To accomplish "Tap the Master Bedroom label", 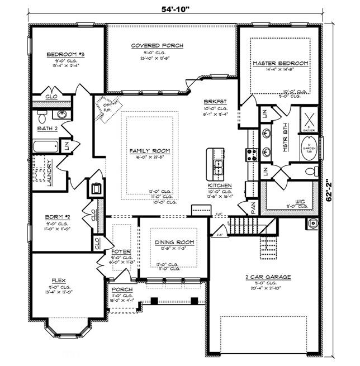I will (x=280, y=64).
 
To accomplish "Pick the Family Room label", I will (x=149, y=151).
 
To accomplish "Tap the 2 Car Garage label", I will (x=263, y=277).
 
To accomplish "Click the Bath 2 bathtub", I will (x=45, y=147).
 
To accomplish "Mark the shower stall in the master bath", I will (x=309, y=118).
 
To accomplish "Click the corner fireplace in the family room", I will (x=107, y=106).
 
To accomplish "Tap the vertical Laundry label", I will (x=50, y=173).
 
